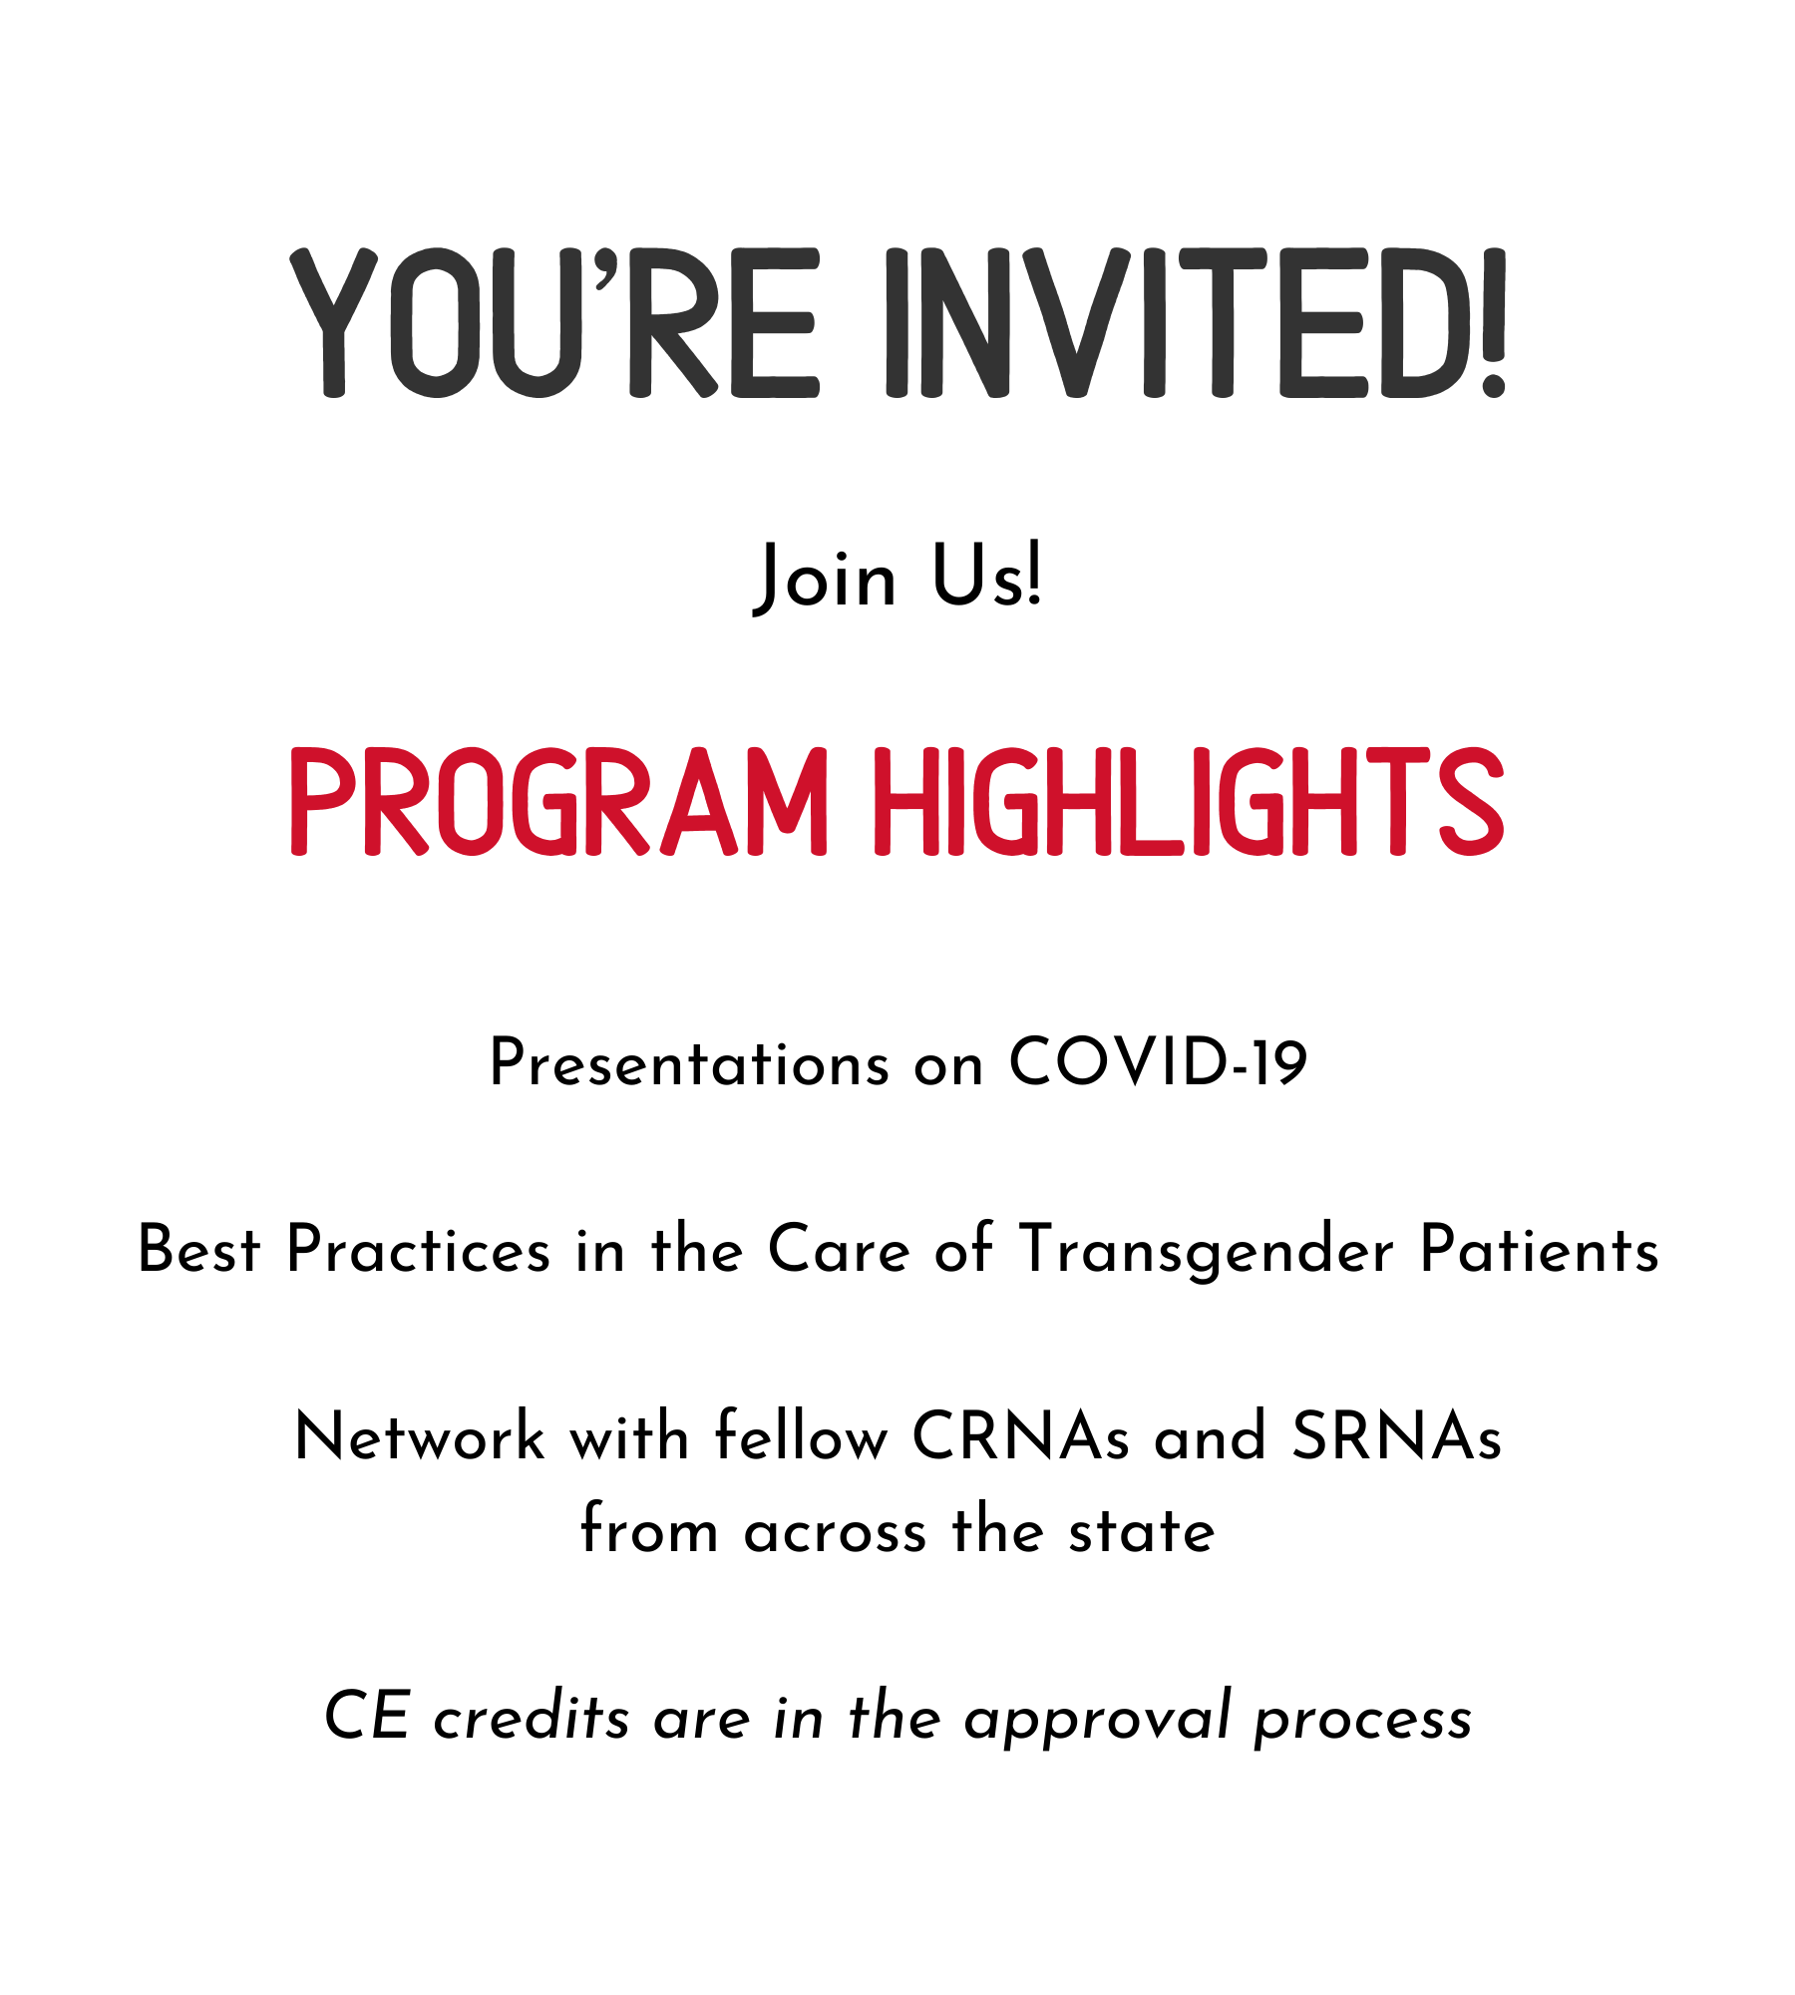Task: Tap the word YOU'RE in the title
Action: [554, 322]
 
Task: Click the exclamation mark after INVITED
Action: [1493, 322]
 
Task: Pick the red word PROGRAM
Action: [558, 801]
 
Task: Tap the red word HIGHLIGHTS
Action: [1189, 801]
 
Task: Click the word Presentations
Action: [689, 1063]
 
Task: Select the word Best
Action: [198, 1249]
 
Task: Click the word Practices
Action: [418, 1249]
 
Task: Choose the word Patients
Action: [1540, 1249]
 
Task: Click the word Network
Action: [420, 1436]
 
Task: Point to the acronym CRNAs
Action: [1021, 1436]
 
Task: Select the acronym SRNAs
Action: [1396, 1436]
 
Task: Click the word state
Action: [1142, 1530]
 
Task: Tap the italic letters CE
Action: [367, 1716]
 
